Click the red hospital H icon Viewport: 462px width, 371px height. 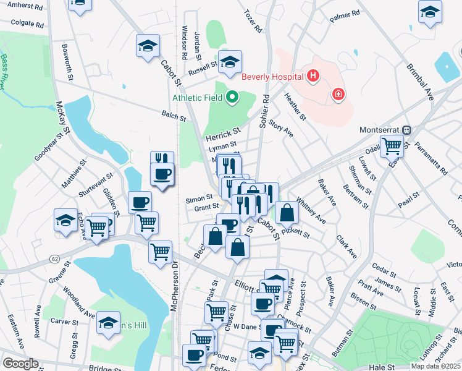point(313,77)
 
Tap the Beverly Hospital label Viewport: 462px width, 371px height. point(272,77)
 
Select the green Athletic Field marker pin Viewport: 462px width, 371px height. point(233,96)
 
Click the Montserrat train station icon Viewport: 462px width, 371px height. point(406,130)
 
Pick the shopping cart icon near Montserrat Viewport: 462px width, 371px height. point(392,147)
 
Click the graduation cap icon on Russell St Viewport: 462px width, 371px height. point(230,62)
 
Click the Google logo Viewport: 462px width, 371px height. point(20,364)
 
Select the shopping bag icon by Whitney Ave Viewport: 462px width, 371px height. point(287,212)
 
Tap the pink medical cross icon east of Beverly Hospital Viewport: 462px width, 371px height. point(338,94)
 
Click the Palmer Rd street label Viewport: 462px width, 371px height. point(344,16)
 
